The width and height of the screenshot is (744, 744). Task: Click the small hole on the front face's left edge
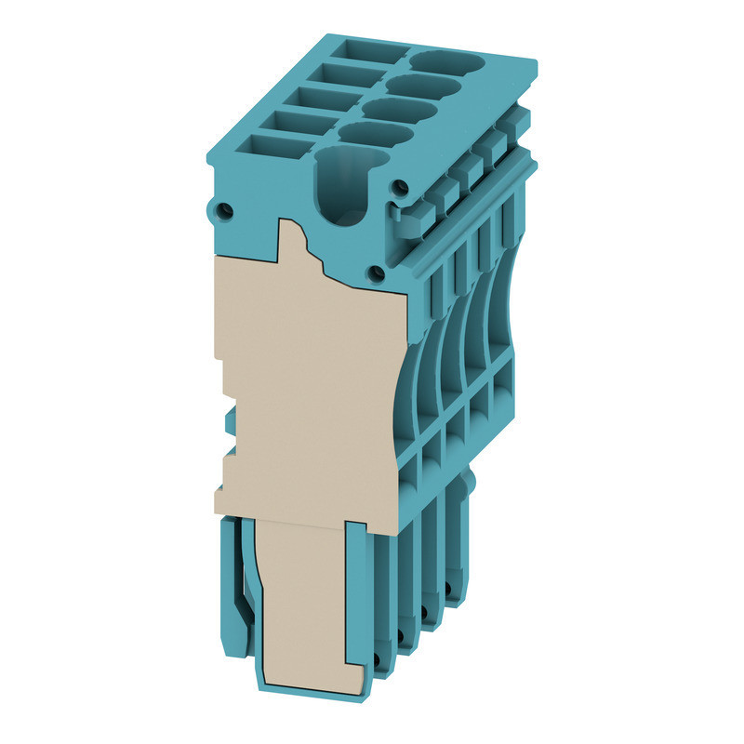(222, 211)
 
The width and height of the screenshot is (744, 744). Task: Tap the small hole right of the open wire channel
(400, 187)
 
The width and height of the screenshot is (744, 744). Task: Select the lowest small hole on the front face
(377, 272)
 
